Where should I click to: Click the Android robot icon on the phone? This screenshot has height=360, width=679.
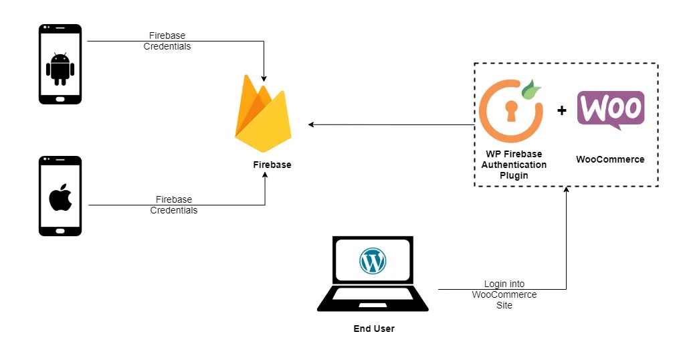point(60,69)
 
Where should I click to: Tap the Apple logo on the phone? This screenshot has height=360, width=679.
point(60,199)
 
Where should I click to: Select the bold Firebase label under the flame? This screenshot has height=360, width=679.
point(272,165)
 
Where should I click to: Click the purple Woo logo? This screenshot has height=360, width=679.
point(610,109)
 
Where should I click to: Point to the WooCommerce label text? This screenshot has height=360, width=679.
point(610,159)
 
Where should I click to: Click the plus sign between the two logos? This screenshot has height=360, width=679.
point(562,111)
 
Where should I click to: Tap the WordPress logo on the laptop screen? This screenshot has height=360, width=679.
point(373,260)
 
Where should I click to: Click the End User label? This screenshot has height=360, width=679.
point(374,329)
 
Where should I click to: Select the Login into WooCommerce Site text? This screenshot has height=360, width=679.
point(504,294)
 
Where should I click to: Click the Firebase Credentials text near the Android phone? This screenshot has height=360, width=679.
point(167,41)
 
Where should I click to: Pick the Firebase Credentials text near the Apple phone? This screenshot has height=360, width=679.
point(174,205)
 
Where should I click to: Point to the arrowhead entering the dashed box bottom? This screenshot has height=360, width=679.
point(567,190)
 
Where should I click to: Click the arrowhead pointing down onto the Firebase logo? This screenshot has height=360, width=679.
point(266,78)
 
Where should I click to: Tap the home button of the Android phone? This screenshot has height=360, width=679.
point(60,98)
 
